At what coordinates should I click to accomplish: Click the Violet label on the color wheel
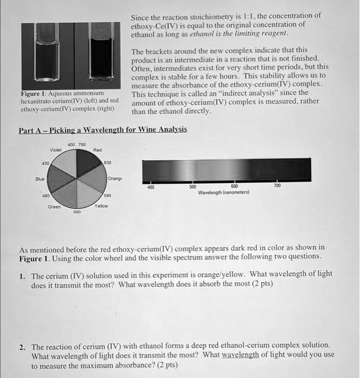click(x=55, y=150)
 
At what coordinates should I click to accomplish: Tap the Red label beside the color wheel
click(x=97, y=150)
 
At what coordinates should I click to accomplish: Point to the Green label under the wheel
click(x=54, y=206)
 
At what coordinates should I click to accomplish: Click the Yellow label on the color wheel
click(x=101, y=206)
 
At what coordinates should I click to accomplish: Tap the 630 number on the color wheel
click(x=108, y=161)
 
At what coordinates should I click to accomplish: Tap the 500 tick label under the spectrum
click(x=192, y=187)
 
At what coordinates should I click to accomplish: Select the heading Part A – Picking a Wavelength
click(x=103, y=130)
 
